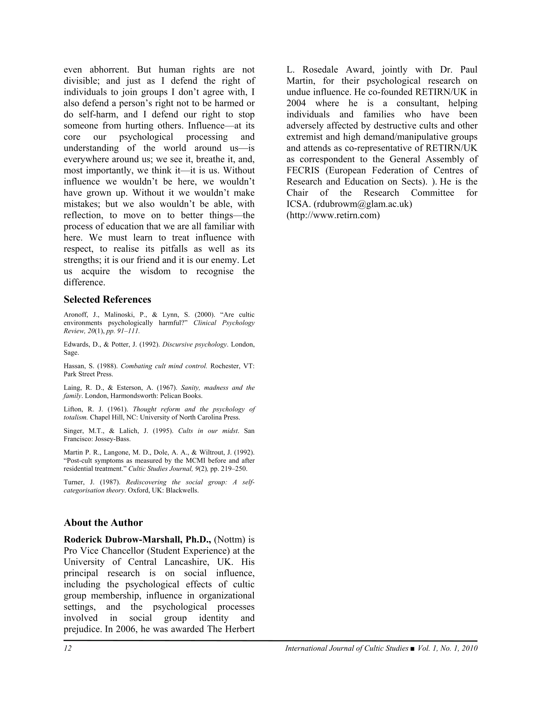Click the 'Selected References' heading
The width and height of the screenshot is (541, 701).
tap(107, 299)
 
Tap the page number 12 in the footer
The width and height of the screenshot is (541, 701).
tap(67, 648)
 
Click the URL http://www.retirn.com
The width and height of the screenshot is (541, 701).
tap(333, 215)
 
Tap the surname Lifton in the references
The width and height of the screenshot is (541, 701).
tap(72, 409)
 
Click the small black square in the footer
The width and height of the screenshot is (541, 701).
tap(412, 649)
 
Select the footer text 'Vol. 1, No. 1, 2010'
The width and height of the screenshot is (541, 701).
tap(448, 648)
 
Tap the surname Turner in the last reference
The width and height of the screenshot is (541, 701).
tap(72, 482)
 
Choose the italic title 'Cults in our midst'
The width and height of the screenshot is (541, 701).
tap(208, 431)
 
